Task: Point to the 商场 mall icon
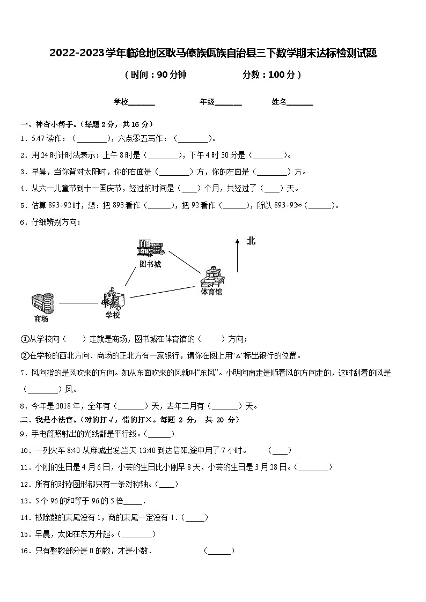[x=43, y=302]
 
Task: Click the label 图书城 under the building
[x=150, y=264]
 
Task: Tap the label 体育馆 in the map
[x=211, y=292]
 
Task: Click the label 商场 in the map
[x=41, y=319]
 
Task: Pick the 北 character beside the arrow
[x=251, y=241]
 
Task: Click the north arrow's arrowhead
[x=237, y=242]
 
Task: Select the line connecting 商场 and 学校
[x=78, y=303]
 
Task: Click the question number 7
[x=23, y=373]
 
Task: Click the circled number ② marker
[x=24, y=355]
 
